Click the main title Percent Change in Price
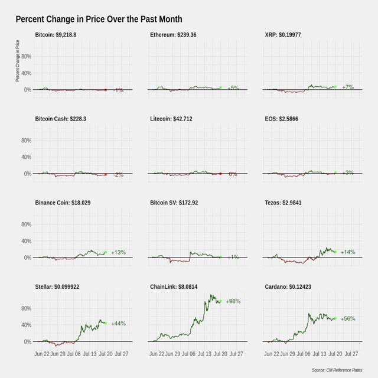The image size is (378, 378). tap(99, 20)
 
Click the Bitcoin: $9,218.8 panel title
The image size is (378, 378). tap(64, 35)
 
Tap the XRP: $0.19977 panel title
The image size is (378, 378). tap(288, 35)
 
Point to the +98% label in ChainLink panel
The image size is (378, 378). tap(233, 301)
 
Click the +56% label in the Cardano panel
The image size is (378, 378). tap(348, 318)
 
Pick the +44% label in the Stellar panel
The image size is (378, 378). tap(118, 323)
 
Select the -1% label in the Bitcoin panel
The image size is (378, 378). tap(118, 90)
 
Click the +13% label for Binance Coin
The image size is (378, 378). tap(118, 252)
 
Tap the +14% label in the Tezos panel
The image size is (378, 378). tap(348, 252)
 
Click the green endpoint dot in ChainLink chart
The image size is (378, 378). tap(220, 301)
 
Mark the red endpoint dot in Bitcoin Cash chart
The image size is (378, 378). tap(105, 174)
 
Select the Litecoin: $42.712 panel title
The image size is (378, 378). tap(171, 119)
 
